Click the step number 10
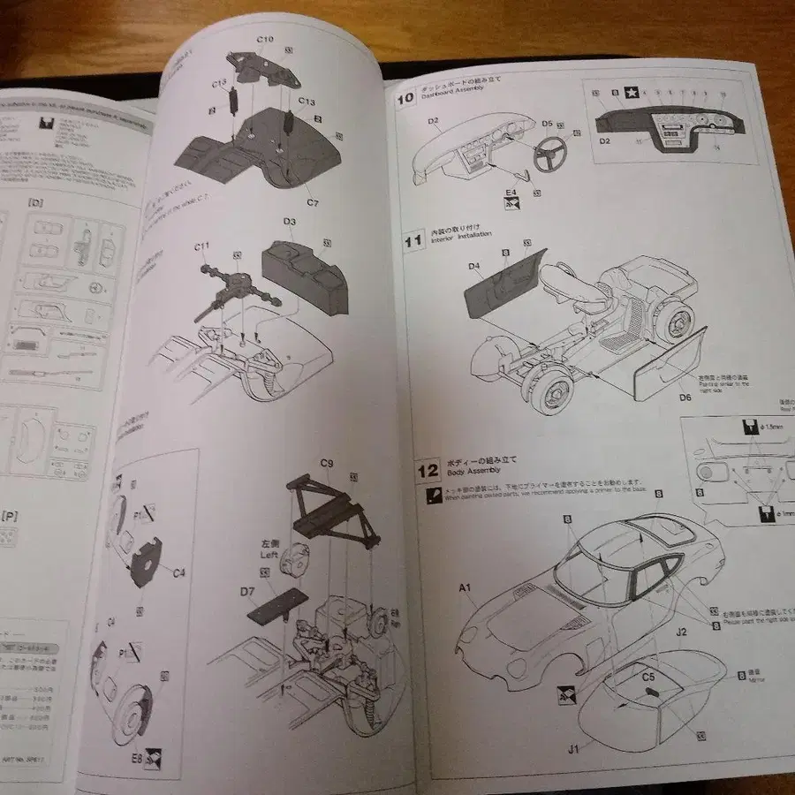pos(405,97)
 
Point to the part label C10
pos(265,40)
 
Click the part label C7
pos(312,202)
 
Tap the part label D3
pos(289,222)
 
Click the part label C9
pos(326,463)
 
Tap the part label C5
pos(647,678)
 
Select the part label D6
pos(685,397)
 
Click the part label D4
pos(474,265)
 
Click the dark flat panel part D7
pos(277,606)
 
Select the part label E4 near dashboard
pos(510,191)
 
